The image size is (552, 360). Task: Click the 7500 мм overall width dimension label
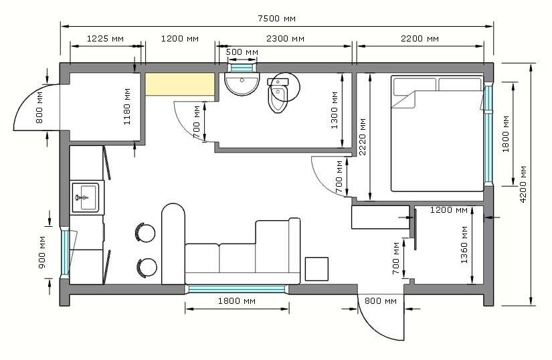pos(277,18)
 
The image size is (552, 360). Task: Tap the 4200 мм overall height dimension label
pos(523,184)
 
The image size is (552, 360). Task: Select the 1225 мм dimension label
pos(105,38)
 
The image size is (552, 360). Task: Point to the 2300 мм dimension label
pos(285,38)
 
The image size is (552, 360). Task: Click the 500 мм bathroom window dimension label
pos(242,52)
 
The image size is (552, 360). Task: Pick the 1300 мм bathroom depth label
pos(335,110)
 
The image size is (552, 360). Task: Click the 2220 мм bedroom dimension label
pos(362,137)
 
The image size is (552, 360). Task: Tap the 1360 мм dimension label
pos(464,245)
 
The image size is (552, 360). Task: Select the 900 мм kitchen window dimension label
pos(42,252)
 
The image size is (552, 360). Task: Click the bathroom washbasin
pos(242,84)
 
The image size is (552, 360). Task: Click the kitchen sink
pos(85,197)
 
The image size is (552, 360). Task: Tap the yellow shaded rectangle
pos(180,84)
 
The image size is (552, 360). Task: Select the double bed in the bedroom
pos(437,134)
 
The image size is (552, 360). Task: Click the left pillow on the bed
pos(415,87)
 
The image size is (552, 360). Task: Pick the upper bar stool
pos(145,233)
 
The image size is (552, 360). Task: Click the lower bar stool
pos(146,268)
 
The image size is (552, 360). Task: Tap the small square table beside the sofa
pos(316,269)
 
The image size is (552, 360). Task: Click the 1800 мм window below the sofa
pos(237,289)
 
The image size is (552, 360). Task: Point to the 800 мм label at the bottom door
pos(381,301)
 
